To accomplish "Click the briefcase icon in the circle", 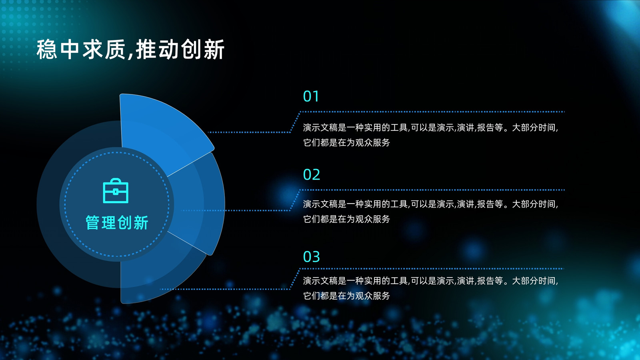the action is pyautogui.click(x=116, y=191).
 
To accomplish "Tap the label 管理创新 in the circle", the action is pyautogui.click(x=117, y=222).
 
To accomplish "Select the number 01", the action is pyautogui.click(x=311, y=96).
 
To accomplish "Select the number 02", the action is pyautogui.click(x=312, y=174).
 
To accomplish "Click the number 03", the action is pyautogui.click(x=312, y=256).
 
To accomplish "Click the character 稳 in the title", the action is pyautogui.click(x=47, y=50).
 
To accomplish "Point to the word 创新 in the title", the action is pyautogui.click(x=202, y=50).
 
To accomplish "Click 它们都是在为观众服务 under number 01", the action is pyautogui.click(x=346, y=142).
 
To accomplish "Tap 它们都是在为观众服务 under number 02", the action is pyautogui.click(x=346, y=219).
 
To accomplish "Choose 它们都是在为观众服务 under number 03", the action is pyautogui.click(x=346, y=296).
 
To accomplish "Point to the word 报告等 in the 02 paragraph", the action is pyautogui.click(x=490, y=204).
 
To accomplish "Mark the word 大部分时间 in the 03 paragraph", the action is pyautogui.click(x=534, y=280).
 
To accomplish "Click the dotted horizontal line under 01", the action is pyautogui.click(x=432, y=112).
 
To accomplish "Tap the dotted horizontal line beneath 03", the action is pyautogui.click(x=432, y=268).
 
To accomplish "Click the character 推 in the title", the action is pyautogui.click(x=146, y=50).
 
